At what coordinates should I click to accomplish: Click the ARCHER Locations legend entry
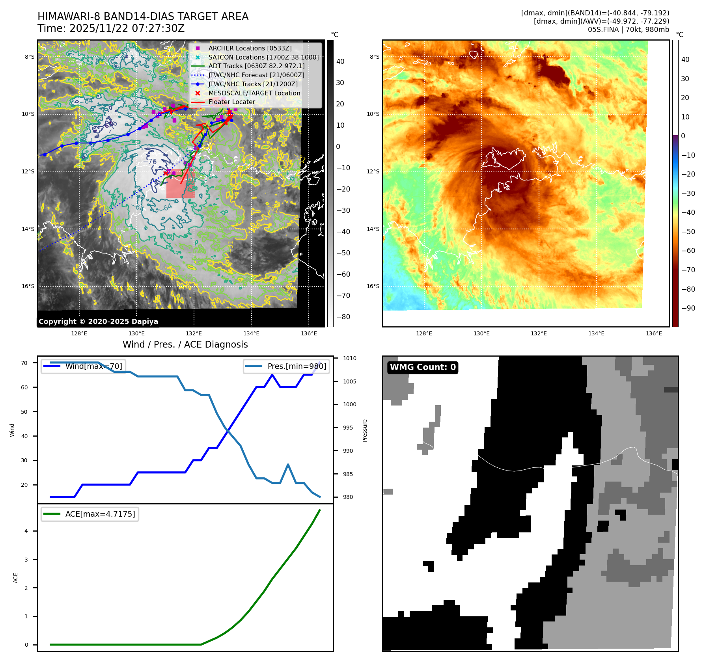[250, 48]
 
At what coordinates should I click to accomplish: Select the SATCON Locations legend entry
[263, 57]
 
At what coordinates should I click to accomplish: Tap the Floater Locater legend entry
[231, 102]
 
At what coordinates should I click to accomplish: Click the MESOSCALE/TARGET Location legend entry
[254, 93]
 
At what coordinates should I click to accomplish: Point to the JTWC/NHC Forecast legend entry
[256, 75]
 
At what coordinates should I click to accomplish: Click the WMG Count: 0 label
[423, 367]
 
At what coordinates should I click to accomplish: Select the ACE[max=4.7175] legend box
[90, 514]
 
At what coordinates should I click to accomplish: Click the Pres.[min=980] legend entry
[287, 366]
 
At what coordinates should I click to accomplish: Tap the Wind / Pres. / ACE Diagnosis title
[185, 344]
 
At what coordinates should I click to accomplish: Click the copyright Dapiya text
[98, 322]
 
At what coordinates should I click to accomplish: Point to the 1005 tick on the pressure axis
[349, 381]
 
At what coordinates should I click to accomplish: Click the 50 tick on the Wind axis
[24, 412]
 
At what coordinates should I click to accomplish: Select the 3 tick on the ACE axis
[26, 560]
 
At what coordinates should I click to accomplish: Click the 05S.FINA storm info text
[628, 30]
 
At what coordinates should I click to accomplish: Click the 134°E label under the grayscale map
[251, 334]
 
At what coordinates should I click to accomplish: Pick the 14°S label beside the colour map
[373, 229]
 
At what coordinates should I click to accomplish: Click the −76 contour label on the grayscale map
[150, 162]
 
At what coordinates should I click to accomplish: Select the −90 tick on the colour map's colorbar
[688, 308]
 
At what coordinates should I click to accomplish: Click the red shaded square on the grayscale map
[181, 184]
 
